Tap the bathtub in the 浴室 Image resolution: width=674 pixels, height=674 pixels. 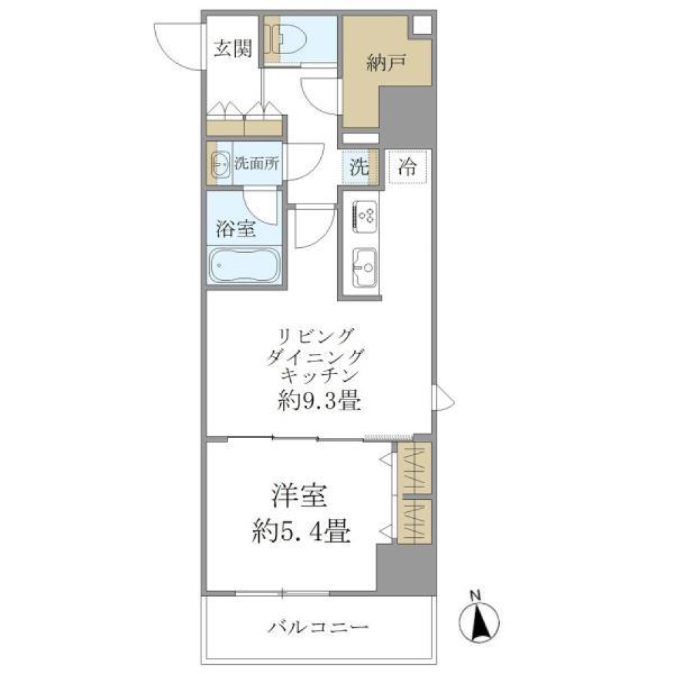tap(244, 265)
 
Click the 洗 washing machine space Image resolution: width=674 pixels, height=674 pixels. tap(359, 168)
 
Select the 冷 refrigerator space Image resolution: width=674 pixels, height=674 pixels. tap(407, 168)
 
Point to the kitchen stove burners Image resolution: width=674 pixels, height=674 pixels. tap(364, 213)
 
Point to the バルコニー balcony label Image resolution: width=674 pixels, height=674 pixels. tap(319, 626)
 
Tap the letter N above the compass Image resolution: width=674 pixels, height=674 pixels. tap(475, 597)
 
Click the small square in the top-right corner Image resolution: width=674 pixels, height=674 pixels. tap(422, 24)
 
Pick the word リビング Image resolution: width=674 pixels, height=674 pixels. tap(318, 333)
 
